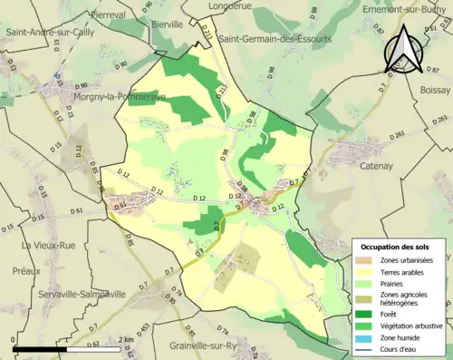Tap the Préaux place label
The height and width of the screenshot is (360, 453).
(x=19, y=268)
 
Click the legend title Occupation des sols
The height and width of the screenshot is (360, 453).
(x=400, y=247)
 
